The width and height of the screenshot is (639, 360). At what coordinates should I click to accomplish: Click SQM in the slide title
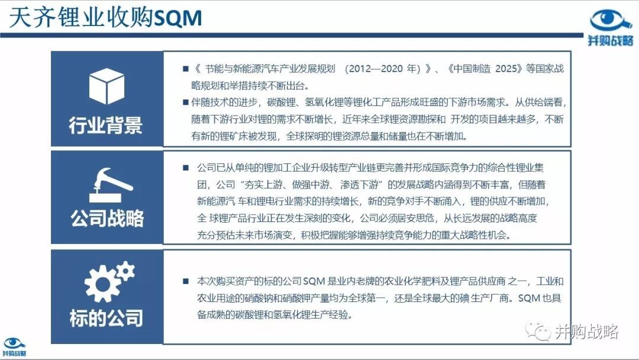pos(179,18)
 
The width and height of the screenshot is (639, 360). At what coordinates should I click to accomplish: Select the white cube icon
pos(106,86)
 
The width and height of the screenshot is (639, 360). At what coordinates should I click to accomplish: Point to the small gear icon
pos(125,271)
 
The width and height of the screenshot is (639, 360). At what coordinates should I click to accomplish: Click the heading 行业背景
pos(105,125)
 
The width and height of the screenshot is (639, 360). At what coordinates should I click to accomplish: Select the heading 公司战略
pos(107,218)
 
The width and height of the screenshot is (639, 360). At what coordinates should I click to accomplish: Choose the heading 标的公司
pos(106,318)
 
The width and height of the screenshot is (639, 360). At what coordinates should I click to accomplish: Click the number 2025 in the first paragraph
pos(506,69)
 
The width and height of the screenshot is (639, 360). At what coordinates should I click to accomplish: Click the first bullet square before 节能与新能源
pos(186,69)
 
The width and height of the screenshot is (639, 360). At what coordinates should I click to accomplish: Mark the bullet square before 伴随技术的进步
pos(186,102)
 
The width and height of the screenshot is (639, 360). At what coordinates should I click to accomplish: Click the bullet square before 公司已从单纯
pos(186,168)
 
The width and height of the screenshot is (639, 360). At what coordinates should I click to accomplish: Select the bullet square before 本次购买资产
pos(186,281)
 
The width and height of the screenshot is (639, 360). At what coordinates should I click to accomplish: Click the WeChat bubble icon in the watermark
pos(537,330)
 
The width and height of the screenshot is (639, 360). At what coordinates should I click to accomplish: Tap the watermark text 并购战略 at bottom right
pos(586,332)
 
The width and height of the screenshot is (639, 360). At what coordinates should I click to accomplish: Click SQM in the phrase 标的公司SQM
pos(314,281)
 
